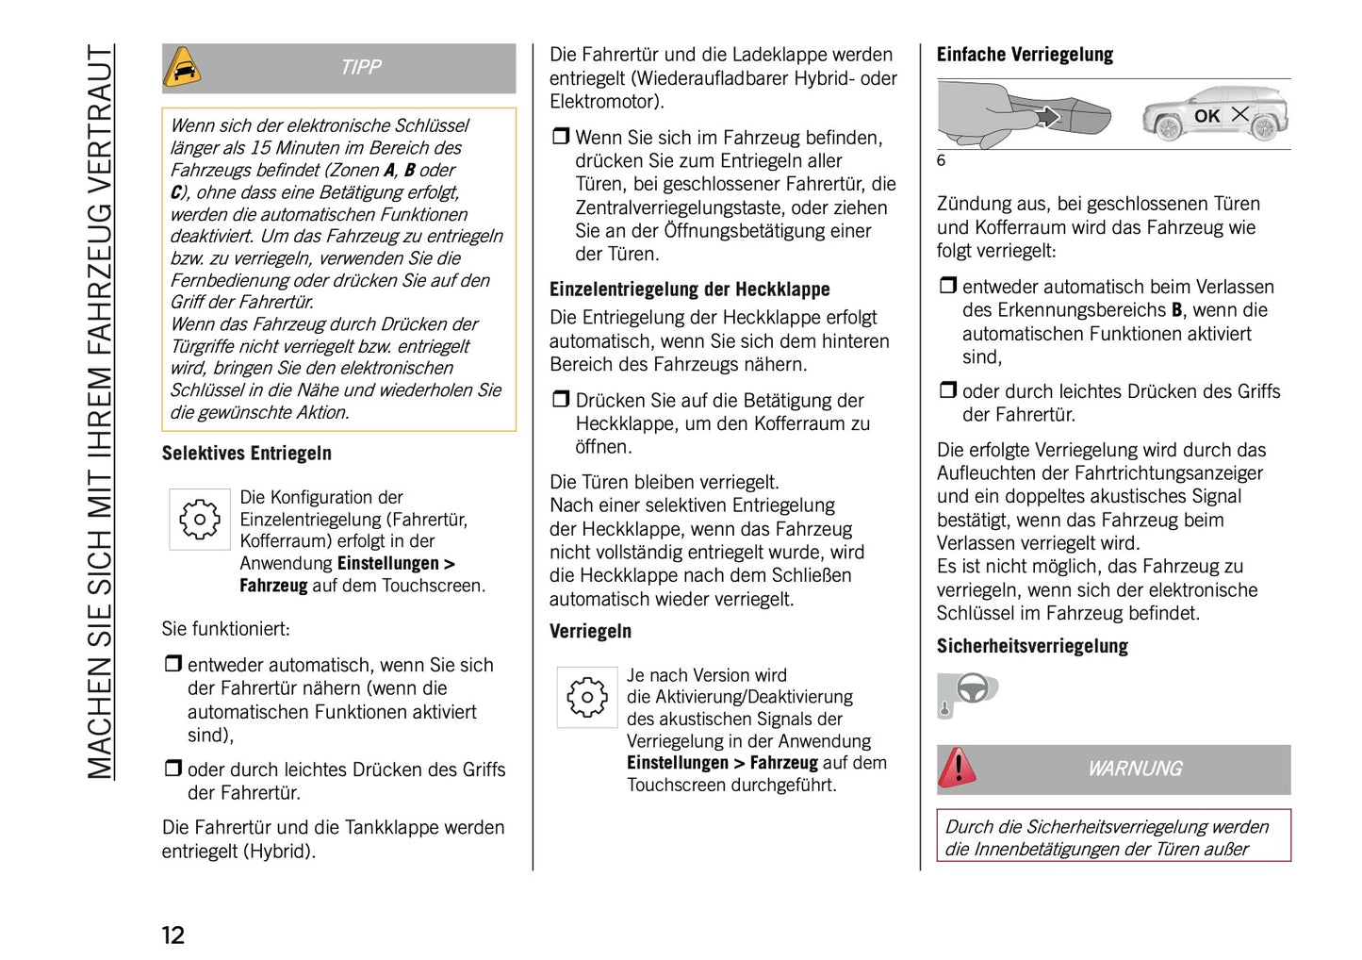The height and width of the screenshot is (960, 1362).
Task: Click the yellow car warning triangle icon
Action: tap(183, 68)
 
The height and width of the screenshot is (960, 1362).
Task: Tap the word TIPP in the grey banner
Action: tap(361, 68)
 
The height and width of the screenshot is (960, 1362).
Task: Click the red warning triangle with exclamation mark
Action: tap(958, 768)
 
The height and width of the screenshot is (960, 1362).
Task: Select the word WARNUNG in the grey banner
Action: tap(1135, 769)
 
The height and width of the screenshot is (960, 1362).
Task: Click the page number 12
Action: tap(173, 935)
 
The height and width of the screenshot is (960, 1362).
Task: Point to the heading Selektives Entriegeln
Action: tap(247, 454)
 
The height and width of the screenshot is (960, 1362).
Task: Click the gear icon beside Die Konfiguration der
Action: tap(200, 519)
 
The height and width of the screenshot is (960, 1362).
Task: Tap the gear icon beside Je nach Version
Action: tap(587, 697)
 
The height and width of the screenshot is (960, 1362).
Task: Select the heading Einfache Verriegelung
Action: tap(1025, 55)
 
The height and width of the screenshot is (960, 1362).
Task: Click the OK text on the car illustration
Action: tap(1206, 116)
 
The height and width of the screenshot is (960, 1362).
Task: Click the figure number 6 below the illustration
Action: tap(941, 160)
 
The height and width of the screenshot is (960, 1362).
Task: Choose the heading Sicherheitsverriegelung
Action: tap(1032, 647)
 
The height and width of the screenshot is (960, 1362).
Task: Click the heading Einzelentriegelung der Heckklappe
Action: tap(690, 290)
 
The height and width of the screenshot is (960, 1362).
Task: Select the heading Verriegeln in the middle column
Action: tap(591, 632)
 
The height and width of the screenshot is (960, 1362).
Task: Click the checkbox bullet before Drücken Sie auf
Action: tap(561, 400)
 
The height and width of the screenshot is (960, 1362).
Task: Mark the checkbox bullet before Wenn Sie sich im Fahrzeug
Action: tap(561, 137)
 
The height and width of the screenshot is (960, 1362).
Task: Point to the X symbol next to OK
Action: tap(1240, 114)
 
